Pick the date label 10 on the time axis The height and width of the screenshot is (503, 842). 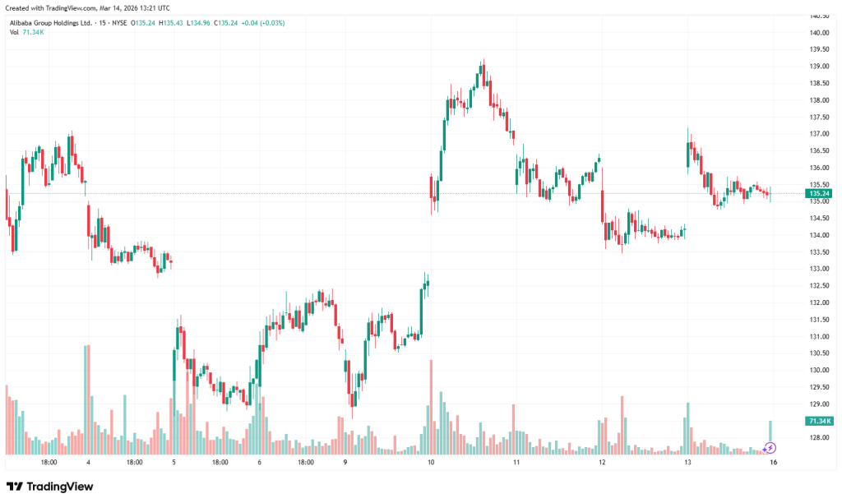431,463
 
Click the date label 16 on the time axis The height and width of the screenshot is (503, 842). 773,463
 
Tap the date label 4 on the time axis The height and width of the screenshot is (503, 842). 88,463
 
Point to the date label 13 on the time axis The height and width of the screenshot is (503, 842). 687,463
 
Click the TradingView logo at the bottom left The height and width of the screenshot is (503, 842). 50,487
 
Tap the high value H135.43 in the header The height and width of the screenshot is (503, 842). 173,22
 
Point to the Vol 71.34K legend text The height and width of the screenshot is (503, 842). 26,32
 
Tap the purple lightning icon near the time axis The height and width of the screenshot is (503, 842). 770,448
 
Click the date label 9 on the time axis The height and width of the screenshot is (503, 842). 345,463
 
